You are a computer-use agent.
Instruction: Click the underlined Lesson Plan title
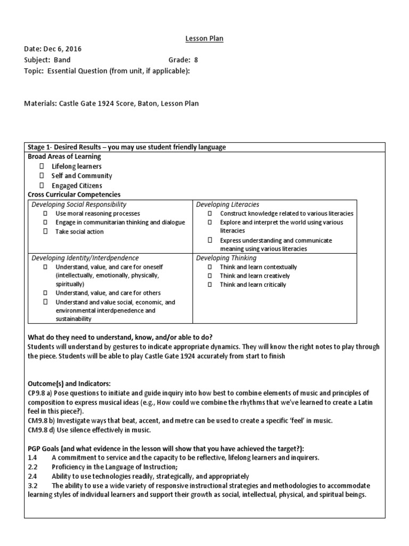coord(204,39)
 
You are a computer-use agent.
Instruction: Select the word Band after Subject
coord(62,60)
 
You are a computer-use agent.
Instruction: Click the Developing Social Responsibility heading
coord(79,204)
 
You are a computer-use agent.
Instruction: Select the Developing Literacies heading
coord(227,204)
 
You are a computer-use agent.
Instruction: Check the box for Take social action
coord(46,232)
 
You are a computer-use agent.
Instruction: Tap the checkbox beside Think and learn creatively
coord(210,276)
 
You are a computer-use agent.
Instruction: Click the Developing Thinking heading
coord(226,258)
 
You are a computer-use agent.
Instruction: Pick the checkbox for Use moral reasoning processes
coord(46,213)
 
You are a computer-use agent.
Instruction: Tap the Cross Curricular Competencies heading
coord(73,195)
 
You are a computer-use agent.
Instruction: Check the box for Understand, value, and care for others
coord(46,293)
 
